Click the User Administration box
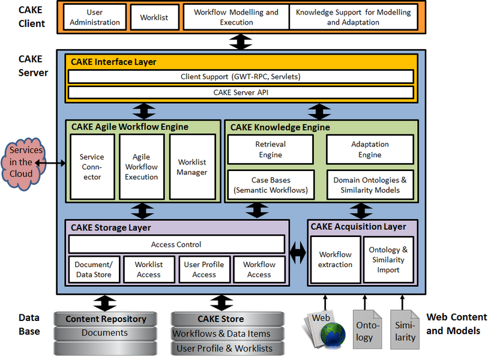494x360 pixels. point(95,17)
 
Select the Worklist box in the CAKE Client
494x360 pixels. point(154,17)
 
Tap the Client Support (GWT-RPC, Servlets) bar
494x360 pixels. point(240,77)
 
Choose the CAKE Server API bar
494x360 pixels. point(240,92)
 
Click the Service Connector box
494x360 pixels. point(92,167)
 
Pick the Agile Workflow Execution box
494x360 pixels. point(142,167)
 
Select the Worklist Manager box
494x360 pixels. point(192,167)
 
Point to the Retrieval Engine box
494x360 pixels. point(270,149)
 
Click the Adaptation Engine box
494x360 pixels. point(370,149)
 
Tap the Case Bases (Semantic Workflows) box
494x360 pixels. point(271,185)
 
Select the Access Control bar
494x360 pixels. point(176,244)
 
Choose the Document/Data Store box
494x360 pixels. point(94,269)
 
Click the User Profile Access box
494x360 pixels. point(204,269)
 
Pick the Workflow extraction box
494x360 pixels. point(336,260)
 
